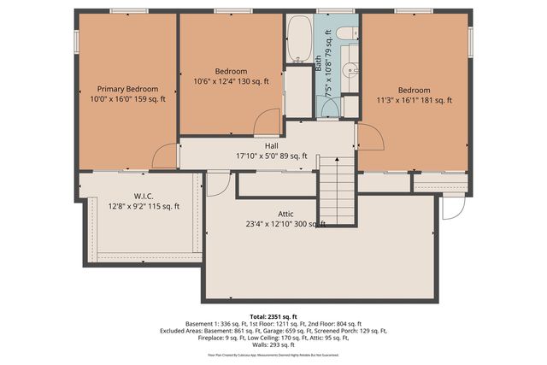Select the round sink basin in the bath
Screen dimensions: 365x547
(x=349, y=71)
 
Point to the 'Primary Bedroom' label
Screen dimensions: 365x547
(x=127, y=89)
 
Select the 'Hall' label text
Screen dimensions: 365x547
(x=271, y=145)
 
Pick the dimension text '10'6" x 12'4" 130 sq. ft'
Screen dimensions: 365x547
(x=231, y=82)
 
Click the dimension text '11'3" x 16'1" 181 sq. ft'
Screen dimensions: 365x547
(x=413, y=100)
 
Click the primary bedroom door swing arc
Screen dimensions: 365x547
(x=164, y=156)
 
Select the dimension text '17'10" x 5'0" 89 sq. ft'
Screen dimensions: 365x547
(x=271, y=156)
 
